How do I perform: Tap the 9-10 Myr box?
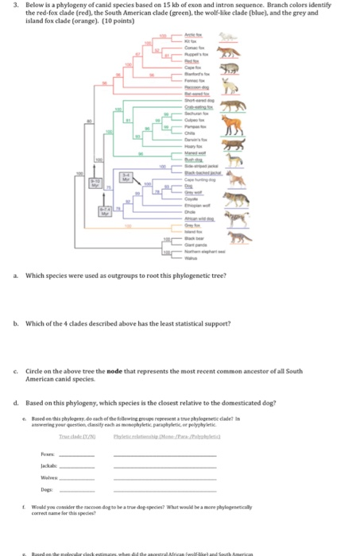pos(95,184)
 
